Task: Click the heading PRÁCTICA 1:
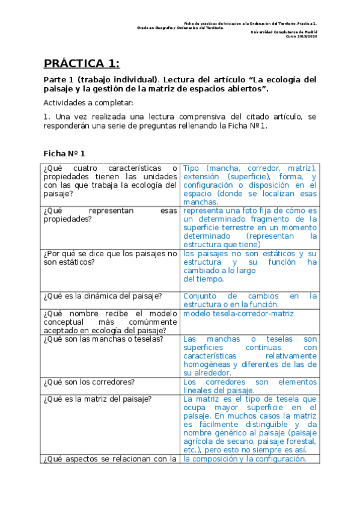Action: click(82, 64)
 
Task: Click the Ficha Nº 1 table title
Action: click(65, 153)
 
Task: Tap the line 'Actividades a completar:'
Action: click(88, 102)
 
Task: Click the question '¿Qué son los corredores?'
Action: click(89, 382)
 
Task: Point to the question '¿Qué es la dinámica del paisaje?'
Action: click(102, 296)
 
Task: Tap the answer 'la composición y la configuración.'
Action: click(245, 459)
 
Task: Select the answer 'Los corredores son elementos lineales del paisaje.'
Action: click(249, 386)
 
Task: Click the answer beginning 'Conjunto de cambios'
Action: click(249, 300)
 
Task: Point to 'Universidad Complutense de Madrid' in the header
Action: click(284, 32)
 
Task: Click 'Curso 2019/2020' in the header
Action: click(304, 37)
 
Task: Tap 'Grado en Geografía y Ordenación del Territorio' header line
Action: click(180, 28)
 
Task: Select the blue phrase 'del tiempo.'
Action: click(204, 278)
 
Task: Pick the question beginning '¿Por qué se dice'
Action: click(111, 258)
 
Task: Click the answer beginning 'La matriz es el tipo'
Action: click(249, 424)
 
